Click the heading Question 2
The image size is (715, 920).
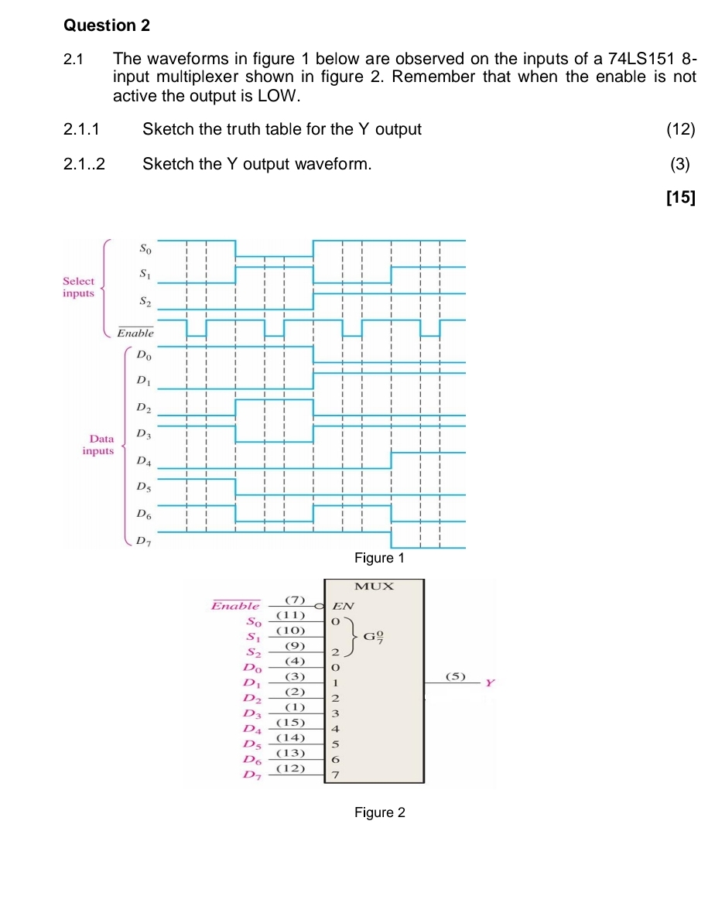106,26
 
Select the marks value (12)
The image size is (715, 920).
680,129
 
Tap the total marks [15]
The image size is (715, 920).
680,197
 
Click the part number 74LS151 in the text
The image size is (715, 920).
639,59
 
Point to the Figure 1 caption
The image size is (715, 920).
379,558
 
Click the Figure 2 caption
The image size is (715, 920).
379,812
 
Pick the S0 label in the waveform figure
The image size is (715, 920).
146,248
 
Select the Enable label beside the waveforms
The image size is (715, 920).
135,333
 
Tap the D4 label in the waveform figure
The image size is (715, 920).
143,462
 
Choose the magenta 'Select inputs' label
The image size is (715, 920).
78,287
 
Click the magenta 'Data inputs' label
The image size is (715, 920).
99,444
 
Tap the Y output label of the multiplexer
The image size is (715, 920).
489,683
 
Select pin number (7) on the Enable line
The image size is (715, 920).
295,599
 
